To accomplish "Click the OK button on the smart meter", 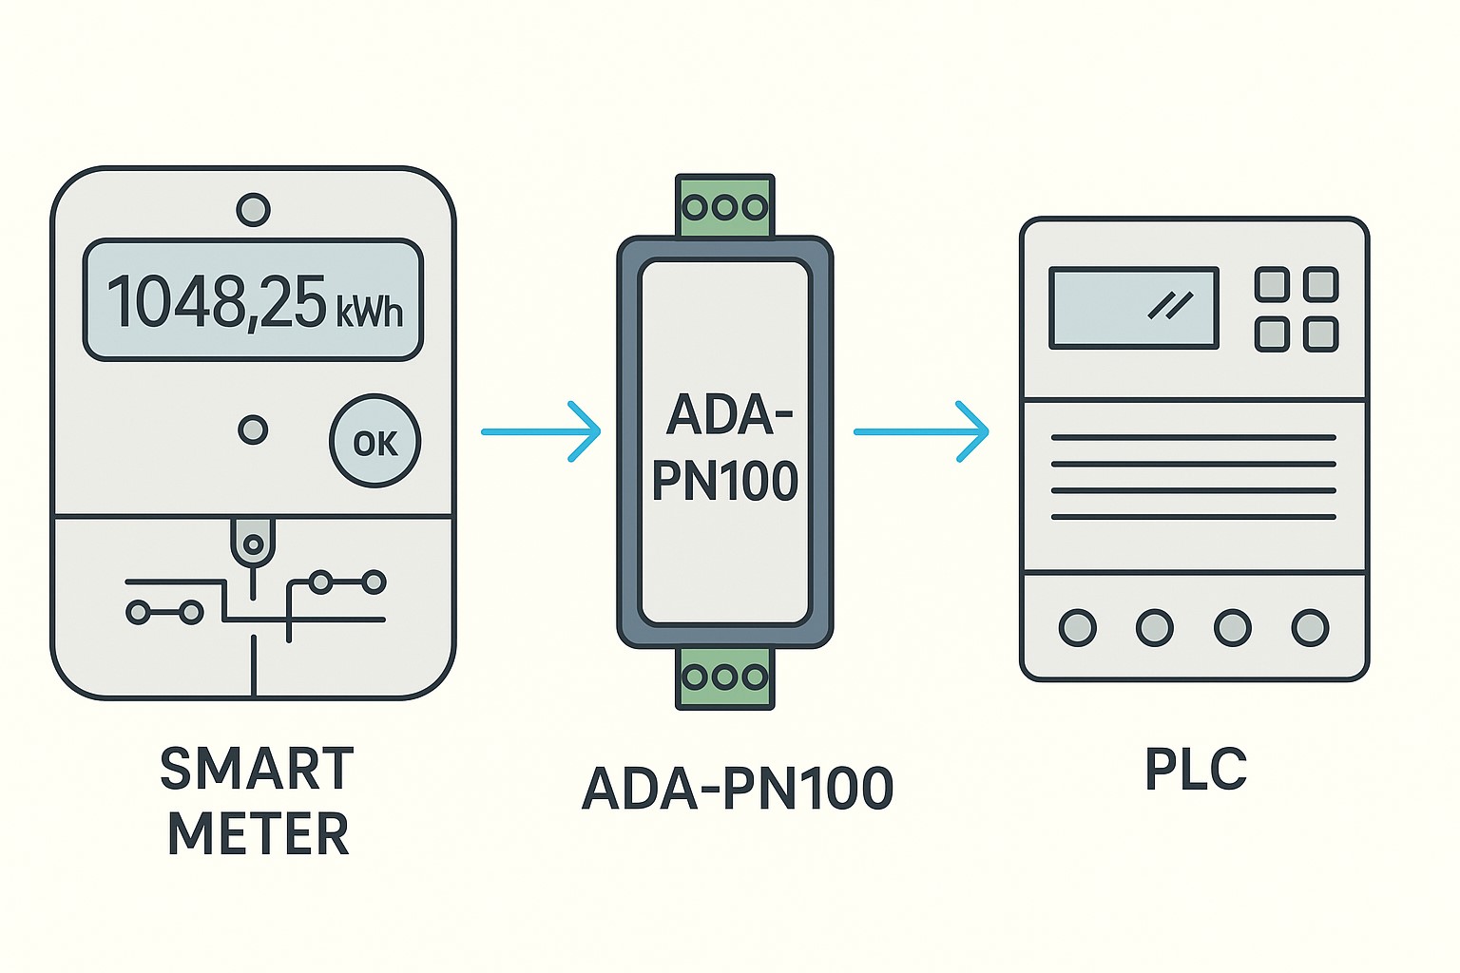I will pyautogui.click(x=375, y=442).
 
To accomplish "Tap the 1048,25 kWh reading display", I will pyautogui.click(x=253, y=300).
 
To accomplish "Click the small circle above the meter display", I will pyautogui.click(x=253, y=209).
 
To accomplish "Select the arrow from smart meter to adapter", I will pyautogui.click(x=541, y=431).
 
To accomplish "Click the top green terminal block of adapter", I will pyautogui.click(x=725, y=205).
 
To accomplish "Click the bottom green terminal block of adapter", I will pyautogui.click(x=725, y=677).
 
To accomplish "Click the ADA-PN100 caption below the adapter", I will pyautogui.click(x=737, y=789).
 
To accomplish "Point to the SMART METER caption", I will pyautogui.click(x=257, y=801).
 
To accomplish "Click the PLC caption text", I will pyautogui.click(x=1195, y=770).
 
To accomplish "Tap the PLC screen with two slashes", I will pyautogui.click(x=1133, y=308).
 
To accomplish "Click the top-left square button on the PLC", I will pyautogui.click(x=1272, y=284).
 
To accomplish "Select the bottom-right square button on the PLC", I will pyautogui.click(x=1321, y=334).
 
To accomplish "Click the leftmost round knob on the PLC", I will pyautogui.click(x=1077, y=627).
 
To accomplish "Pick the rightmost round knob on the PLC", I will pyautogui.click(x=1310, y=627).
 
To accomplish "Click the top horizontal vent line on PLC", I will pyautogui.click(x=1193, y=438).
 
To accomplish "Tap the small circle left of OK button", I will pyautogui.click(x=253, y=429).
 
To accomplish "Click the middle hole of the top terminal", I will pyautogui.click(x=725, y=206).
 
